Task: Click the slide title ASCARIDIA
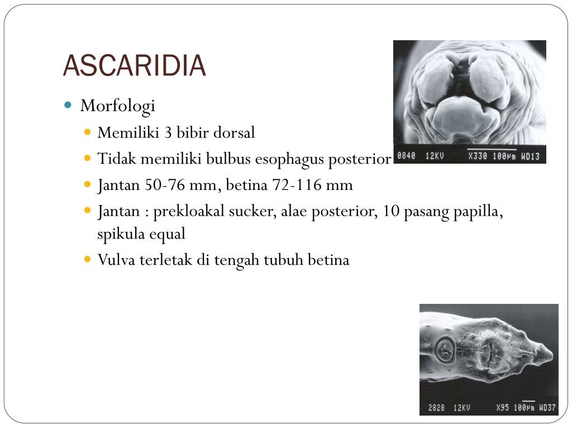(135, 66)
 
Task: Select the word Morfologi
(117, 106)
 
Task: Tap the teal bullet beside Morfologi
(68, 104)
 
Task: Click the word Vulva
(114, 260)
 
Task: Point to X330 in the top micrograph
(479, 156)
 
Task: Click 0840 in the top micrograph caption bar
(406, 156)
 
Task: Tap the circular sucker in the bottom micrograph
(445, 350)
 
